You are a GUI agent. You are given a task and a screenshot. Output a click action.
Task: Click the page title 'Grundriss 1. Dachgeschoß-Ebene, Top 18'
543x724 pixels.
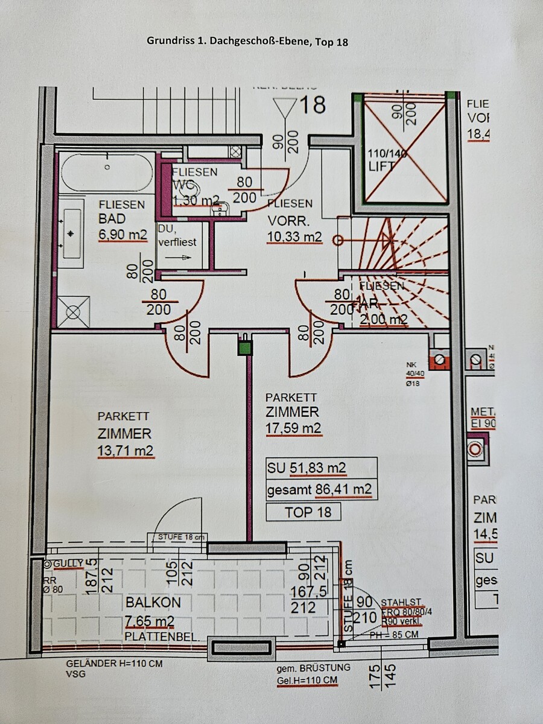pos(247,42)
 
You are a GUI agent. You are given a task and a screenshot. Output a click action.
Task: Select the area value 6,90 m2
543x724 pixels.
pos(122,235)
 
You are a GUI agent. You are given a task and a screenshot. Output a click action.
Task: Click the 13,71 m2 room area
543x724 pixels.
pos(125,451)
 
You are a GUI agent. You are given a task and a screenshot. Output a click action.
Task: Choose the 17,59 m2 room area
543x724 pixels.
pos(294,429)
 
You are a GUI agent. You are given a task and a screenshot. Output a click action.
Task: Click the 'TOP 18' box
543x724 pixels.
pos(304,512)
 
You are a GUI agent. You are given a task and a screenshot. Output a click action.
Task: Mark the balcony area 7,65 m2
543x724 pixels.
pos(150,621)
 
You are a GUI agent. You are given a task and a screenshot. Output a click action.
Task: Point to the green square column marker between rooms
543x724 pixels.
pos(244,348)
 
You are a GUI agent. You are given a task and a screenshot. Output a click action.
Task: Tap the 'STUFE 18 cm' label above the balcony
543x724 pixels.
pos(182,536)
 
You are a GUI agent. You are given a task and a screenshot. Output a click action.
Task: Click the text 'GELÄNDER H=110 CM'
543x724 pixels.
pos(114,664)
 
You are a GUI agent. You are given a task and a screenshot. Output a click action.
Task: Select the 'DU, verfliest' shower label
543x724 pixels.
pos(177,235)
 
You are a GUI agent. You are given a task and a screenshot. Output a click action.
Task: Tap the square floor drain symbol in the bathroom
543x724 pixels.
pos(74,312)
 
